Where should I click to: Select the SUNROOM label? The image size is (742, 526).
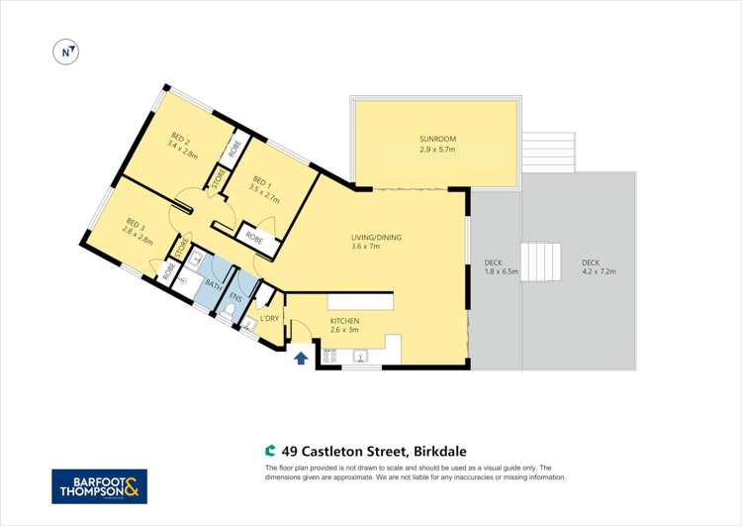click(x=436, y=139)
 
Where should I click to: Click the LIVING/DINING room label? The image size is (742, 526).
click(x=376, y=237)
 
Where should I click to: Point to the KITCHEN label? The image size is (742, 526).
click(x=344, y=321)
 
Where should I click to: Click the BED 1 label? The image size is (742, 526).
click(x=260, y=180)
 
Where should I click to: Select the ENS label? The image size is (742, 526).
click(x=234, y=296)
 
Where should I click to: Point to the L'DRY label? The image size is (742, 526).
click(x=269, y=317)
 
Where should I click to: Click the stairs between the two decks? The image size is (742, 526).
click(x=541, y=263)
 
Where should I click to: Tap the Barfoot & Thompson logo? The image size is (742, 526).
click(x=99, y=486)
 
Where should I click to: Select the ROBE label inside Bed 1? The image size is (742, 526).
click(x=253, y=236)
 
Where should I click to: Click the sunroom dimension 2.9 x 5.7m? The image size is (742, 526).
click(x=436, y=150)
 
